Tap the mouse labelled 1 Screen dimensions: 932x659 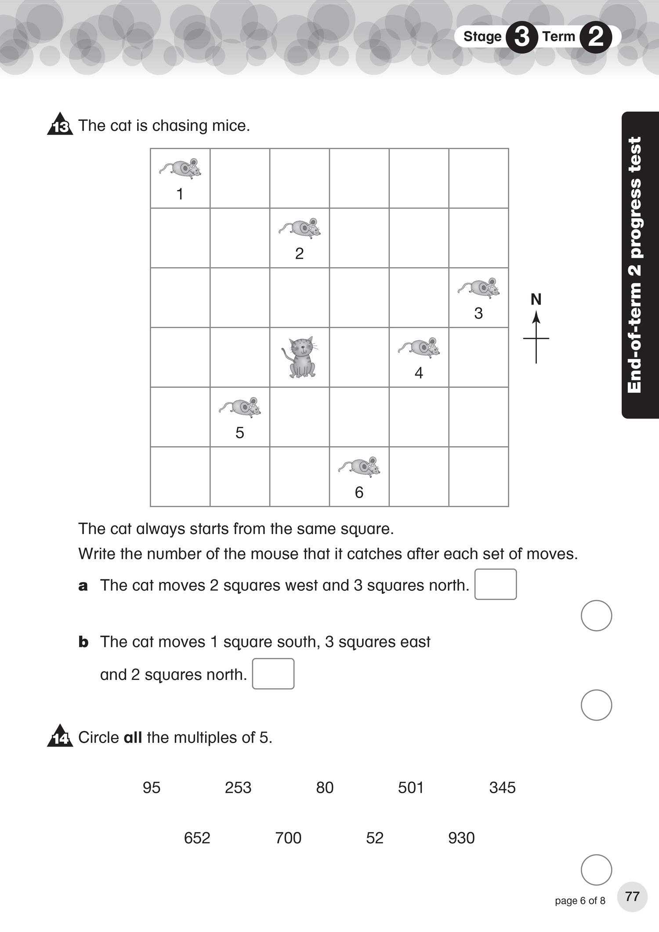(181, 169)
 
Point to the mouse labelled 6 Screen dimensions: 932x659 (360, 467)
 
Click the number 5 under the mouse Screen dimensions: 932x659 (239, 433)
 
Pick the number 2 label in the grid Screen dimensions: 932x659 (299, 253)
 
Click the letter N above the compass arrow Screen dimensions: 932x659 (536, 300)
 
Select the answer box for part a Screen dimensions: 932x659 (496, 584)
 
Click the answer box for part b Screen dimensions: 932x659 (273, 673)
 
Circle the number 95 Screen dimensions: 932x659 (152, 788)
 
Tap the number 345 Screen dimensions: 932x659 (502, 788)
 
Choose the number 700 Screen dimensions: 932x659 (288, 838)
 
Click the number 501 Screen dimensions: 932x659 (411, 788)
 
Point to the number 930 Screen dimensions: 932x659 (461, 838)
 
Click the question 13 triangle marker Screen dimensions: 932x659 (60, 125)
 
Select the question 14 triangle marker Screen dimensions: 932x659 (60, 737)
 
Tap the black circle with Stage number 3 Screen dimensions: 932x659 (521, 37)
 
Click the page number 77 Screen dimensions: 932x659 (632, 896)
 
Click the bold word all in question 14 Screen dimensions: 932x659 (133, 737)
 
